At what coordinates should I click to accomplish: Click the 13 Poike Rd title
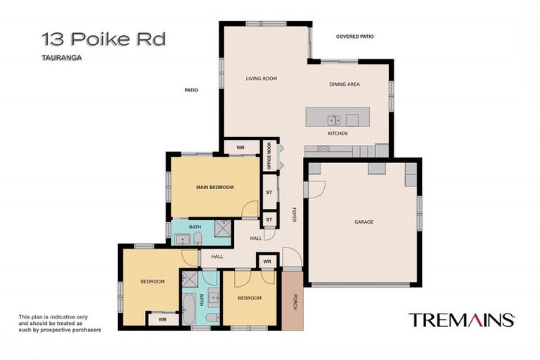(x=103, y=39)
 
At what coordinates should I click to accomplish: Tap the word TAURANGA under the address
(x=62, y=59)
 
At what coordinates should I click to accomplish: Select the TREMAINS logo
(x=461, y=321)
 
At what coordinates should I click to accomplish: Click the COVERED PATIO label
(x=355, y=37)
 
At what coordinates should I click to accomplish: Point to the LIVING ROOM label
(x=262, y=79)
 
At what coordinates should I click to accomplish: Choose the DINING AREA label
(x=345, y=84)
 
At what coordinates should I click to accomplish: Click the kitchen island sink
(x=333, y=120)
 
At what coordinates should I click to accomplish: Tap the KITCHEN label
(x=337, y=134)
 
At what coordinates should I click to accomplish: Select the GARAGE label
(x=364, y=222)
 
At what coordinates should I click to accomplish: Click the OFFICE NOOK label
(x=269, y=156)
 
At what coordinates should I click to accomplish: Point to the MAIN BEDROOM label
(x=214, y=187)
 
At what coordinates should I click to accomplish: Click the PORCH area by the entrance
(x=292, y=300)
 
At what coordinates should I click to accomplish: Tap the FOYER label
(x=294, y=215)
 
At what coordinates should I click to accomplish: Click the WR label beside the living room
(x=240, y=148)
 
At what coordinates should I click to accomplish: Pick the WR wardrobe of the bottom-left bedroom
(x=162, y=319)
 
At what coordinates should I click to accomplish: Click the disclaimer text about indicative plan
(x=60, y=323)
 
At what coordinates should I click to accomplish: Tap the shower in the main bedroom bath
(x=221, y=231)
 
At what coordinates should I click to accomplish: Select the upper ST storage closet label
(x=269, y=192)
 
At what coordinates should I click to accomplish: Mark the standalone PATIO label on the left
(x=191, y=90)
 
